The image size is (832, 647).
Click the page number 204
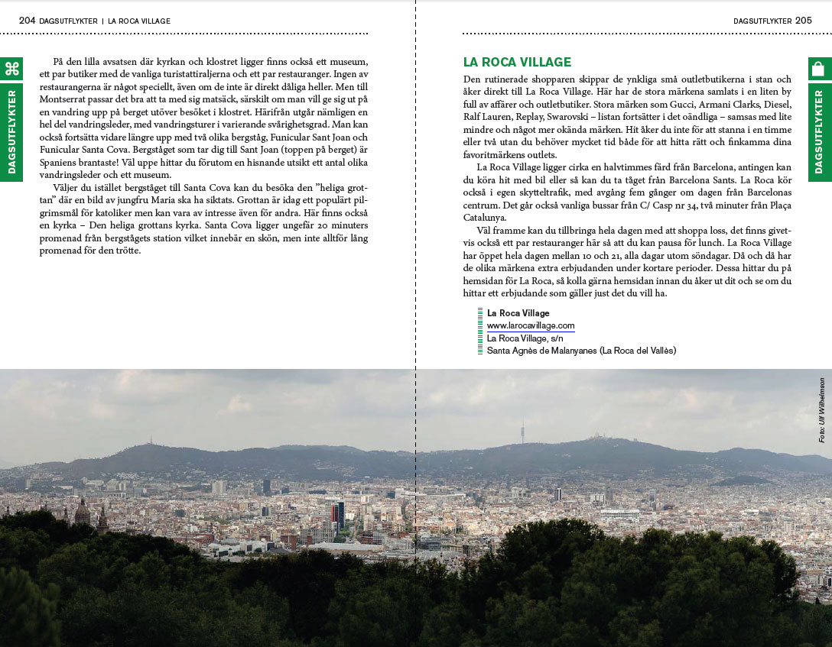pyautogui.click(x=27, y=21)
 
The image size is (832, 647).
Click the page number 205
pyautogui.click(x=803, y=21)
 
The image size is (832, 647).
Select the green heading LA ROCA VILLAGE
pyautogui.click(x=517, y=63)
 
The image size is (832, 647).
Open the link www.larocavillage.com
pyautogui.click(x=531, y=326)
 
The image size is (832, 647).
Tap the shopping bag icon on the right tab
pyautogui.click(x=819, y=69)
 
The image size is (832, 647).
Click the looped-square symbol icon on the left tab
pyautogui.click(x=11, y=69)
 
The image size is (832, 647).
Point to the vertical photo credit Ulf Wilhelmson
pyautogui.click(x=821, y=409)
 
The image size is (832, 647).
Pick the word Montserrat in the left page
pyautogui.click(x=63, y=99)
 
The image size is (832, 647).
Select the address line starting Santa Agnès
pyautogui.click(x=581, y=351)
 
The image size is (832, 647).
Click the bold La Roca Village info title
pyautogui.click(x=518, y=313)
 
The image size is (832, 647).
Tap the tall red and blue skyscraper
pyautogui.click(x=337, y=516)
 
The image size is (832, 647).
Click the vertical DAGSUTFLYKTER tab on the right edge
pyautogui.click(x=819, y=132)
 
